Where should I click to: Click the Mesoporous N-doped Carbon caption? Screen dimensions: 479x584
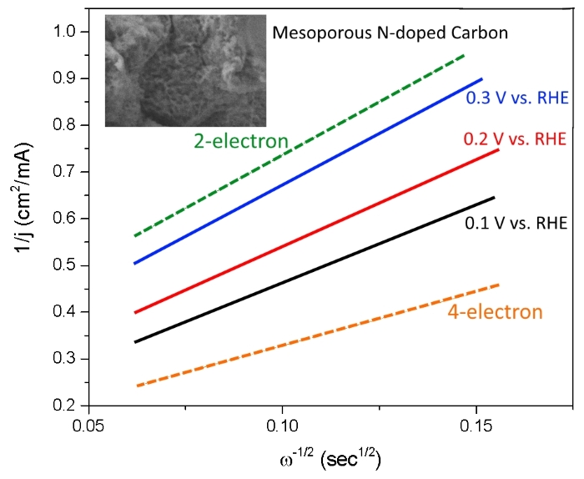point(390,34)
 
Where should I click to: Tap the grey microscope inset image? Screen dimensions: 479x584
point(184,71)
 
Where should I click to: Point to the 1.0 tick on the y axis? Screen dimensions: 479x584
point(63,32)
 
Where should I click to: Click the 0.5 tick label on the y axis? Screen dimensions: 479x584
point(63,265)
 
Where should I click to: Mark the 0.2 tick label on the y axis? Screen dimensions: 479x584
point(63,406)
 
